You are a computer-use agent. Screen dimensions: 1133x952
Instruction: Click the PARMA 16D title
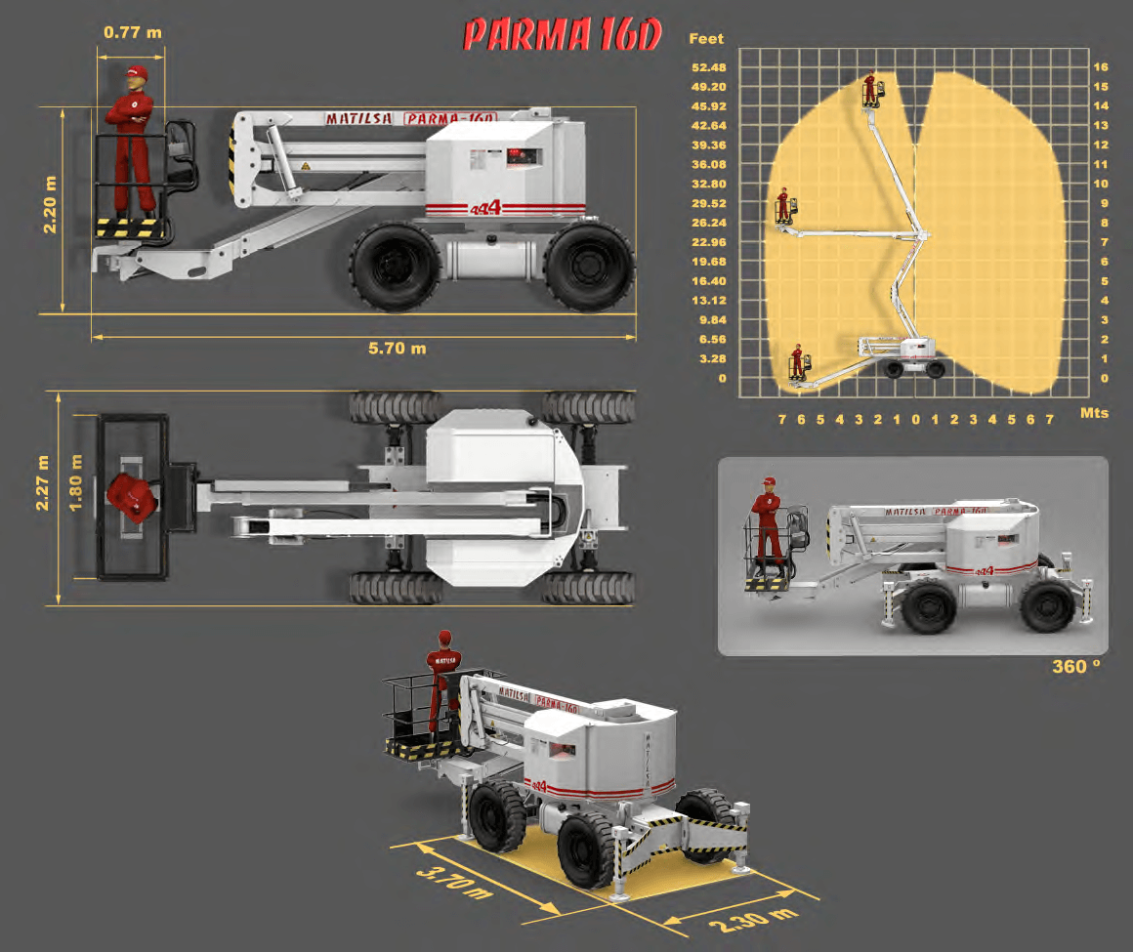click(563, 34)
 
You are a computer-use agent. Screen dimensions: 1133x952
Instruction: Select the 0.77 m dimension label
click(132, 32)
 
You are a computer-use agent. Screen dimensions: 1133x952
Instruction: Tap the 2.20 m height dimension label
click(49, 204)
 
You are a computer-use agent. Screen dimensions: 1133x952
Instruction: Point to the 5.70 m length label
click(397, 349)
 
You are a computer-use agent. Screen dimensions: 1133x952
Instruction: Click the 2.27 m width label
click(42, 482)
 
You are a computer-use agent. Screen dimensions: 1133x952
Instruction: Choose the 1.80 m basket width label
click(75, 482)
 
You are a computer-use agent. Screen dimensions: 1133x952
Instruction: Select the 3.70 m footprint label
click(454, 883)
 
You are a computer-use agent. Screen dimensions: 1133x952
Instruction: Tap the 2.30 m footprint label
click(753, 920)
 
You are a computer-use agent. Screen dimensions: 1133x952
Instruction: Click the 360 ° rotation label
click(1076, 667)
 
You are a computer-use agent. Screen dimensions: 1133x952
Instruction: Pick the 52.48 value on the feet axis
click(709, 67)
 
